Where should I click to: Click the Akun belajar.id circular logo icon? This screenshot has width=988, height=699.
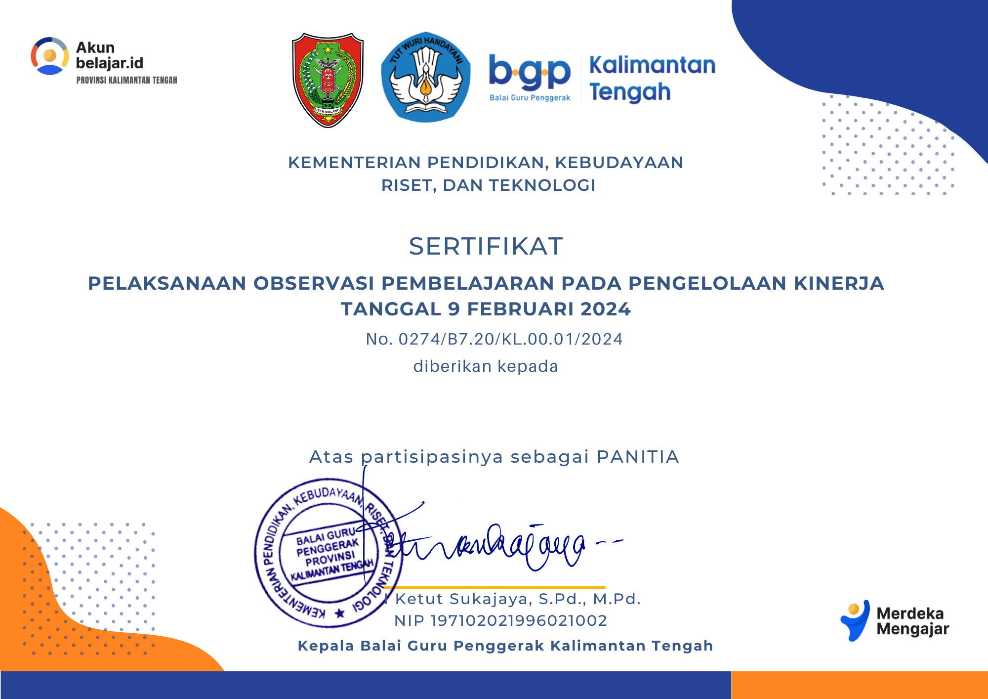[x=50, y=56]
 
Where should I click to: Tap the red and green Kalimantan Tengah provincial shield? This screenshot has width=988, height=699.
[x=328, y=80]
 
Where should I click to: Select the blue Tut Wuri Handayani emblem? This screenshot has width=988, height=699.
[x=426, y=77]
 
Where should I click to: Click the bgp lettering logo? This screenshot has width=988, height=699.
[x=530, y=73]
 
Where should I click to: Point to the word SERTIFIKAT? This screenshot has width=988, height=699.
[x=486, y=246]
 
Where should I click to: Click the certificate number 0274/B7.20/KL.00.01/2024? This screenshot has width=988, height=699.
[x=510, y=339]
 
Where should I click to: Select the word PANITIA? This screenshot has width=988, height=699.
[x=638, y=457]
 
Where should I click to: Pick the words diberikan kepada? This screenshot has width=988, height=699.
[x=486, y=366]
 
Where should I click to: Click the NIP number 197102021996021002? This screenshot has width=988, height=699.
[x=519, y=620]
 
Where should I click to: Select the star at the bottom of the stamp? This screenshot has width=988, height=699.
[x=339, y=613]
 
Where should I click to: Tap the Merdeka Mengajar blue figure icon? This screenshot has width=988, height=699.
[x=855, y=620]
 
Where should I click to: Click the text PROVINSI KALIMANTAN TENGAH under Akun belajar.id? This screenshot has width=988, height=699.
[x=126, y=80]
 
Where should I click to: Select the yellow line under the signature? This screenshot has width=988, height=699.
[x=494, y=587]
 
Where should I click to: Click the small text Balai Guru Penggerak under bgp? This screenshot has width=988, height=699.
[x=530, y=98]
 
